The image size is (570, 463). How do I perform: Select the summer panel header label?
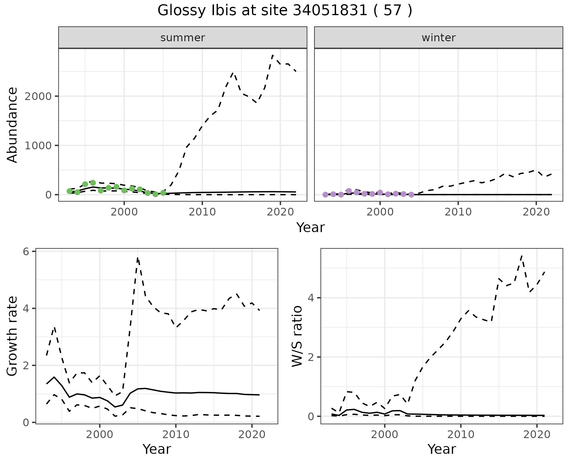[183, 38]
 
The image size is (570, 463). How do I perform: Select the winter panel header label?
[438, 38]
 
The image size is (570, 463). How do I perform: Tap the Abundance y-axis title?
[12, 125]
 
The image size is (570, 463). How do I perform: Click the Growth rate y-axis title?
[12, 336]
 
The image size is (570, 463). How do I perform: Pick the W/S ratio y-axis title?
[297, 336]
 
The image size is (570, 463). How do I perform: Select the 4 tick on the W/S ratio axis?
[311, 298]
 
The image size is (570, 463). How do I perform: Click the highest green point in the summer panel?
[93, 183]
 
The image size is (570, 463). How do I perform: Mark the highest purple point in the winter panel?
[349, 191]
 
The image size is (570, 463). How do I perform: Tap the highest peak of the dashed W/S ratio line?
[522, 256]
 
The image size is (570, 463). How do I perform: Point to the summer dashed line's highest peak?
[273, 55]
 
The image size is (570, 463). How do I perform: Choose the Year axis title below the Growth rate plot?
[157, 449]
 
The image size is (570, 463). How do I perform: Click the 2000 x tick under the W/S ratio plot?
[385, 435]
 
